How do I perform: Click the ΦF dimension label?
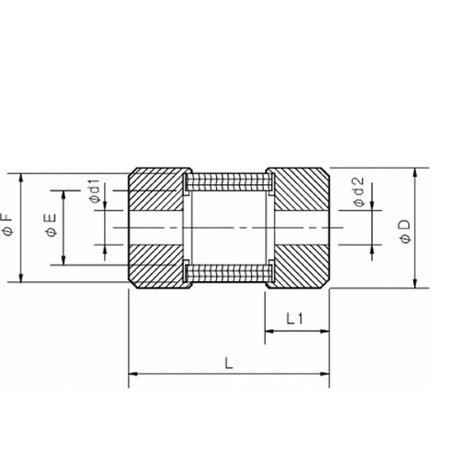[x=7, y=224]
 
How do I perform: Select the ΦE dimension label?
[x=51, y=225]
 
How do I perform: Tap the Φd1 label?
[x=94, y=191]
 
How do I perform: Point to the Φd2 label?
[x=359, y=192]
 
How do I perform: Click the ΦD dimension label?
[x=405, y=231]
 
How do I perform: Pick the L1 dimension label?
[x=294, y=319]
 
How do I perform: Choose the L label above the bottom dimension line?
[x=229, y=364]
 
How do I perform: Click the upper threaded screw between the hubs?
[x=229, y=182]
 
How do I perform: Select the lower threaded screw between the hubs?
[x=229, y=273]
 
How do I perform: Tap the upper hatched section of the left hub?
[x=157, y=190]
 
